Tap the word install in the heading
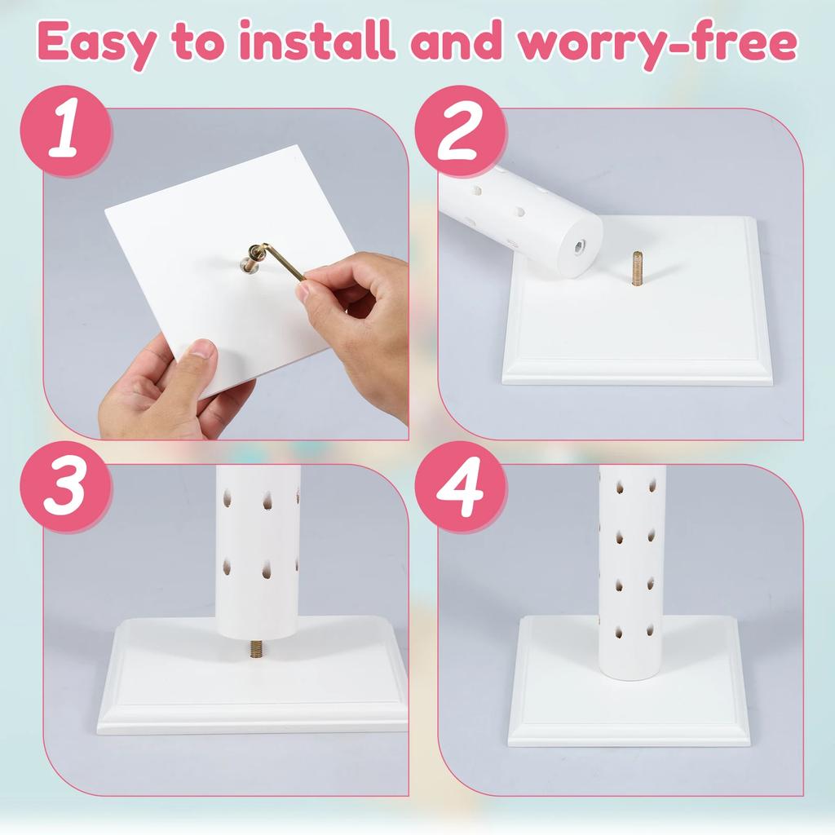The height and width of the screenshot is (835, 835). (317, 41)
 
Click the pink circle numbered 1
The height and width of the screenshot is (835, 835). (66, 131)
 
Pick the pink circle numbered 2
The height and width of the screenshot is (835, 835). (461, 131)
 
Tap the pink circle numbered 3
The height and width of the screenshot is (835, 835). (66, 487)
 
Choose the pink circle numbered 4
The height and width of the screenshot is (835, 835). (461, 487)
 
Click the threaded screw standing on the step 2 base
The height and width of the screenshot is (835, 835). (636, 267)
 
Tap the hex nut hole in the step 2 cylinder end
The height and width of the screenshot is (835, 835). (579, 246)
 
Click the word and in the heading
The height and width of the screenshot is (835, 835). (456, 41)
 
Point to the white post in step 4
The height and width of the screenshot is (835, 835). (632, 572)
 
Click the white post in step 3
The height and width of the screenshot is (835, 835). (258, 552)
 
